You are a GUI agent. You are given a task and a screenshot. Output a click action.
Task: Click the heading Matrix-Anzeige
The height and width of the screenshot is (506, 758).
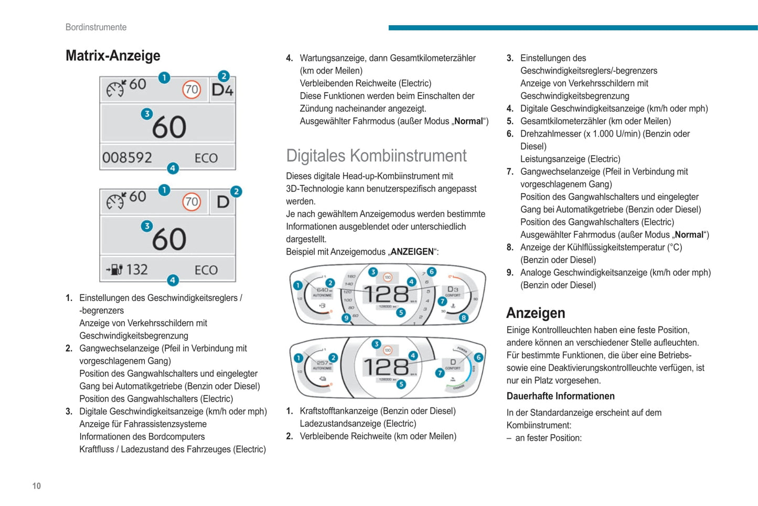pos(113,56)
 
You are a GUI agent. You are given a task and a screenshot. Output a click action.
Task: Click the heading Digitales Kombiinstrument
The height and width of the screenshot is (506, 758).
pos(376,156)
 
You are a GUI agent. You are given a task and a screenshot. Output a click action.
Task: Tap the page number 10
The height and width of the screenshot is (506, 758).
pos(37,486)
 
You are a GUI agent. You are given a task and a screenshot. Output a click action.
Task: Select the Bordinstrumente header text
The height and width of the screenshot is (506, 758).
pos(96,27)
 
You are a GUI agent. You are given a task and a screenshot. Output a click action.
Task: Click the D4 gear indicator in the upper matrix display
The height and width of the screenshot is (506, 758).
pos(222,90)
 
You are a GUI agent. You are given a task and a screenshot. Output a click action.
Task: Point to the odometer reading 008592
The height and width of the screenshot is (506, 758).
pos(127,157)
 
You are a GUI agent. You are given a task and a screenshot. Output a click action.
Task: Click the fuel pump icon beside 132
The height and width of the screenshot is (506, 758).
pos(115,270)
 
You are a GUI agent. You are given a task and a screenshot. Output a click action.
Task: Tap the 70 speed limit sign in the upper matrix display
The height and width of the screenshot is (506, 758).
pos(191,90)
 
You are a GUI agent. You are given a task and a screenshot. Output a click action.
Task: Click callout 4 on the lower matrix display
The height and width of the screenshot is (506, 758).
pos(173,280)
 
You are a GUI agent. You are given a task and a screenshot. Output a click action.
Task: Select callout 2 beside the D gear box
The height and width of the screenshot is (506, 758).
pos(236,192)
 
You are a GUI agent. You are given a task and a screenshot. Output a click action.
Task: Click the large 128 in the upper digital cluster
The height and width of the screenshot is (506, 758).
pos(386,294)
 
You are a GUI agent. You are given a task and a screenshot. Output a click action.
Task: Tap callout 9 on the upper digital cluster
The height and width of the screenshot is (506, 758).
pos(346,318)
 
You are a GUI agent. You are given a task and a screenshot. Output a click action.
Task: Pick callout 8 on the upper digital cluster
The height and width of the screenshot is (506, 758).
pos(464,318)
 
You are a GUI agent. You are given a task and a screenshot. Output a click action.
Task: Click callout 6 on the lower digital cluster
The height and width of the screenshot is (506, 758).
pos(478,357)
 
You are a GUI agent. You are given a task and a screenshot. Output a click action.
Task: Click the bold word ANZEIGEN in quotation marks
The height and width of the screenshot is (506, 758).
pos(412,252)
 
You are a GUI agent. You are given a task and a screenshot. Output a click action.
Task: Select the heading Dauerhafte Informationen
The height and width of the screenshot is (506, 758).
pos(560,396)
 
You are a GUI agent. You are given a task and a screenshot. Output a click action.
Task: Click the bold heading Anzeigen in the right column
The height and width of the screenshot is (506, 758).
pos(536,313)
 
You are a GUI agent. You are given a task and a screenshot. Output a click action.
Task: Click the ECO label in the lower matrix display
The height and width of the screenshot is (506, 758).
pos(206,270)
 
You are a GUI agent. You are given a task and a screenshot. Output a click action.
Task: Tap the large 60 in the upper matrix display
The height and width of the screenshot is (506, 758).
pos(169,127)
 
